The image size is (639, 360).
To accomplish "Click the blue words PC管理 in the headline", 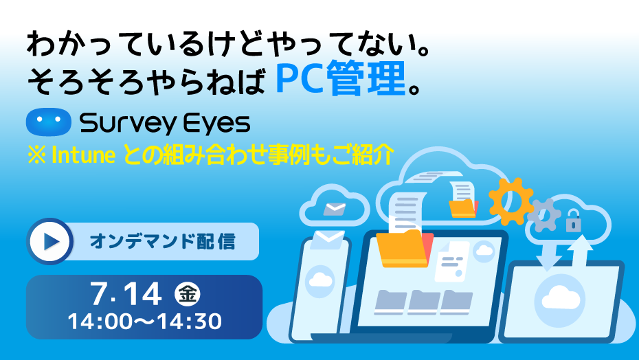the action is click(341, 78).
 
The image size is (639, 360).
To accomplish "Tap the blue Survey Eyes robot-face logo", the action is click(49, 122).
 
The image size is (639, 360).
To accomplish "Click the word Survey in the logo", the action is click(128, 124).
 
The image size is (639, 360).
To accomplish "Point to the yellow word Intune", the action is click(84, 155).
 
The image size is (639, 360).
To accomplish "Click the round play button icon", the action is click(50, 241).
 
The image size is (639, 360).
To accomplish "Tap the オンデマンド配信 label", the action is click(163, 241).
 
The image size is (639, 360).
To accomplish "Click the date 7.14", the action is click(126, 294).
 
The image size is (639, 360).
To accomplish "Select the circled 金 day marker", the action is click(188, 294).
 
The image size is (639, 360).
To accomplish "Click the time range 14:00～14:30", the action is click(145, 322).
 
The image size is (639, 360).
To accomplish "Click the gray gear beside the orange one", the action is click(544, 215).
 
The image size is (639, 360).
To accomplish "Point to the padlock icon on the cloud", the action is click(574, 221).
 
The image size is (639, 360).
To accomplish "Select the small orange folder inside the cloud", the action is click(463, 208).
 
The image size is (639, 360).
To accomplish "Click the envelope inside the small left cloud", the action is click(335, 209).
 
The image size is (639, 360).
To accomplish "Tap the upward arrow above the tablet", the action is click(581, 251).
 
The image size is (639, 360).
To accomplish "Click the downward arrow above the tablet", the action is click(549, 256).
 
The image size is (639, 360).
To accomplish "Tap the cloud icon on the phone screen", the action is click(320, 280).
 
